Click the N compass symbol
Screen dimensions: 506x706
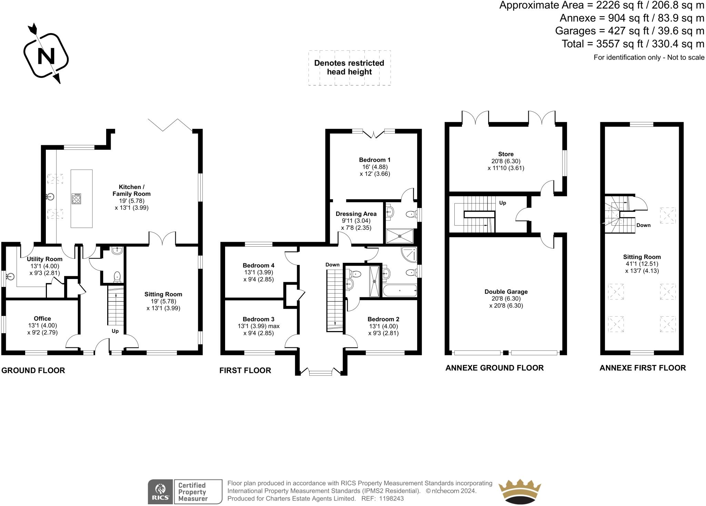tap(46, 55)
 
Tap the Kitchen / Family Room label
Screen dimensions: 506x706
tap(131, 190)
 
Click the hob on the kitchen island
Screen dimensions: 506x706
tap(77, 199)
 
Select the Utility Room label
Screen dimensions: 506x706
tap(44, 259)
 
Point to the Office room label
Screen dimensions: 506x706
tap(42, 319)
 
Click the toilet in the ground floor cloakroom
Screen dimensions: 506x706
tap(117, 276)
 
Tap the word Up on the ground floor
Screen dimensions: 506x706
tap(115, 331)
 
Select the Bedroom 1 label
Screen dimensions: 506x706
tap(375, 160)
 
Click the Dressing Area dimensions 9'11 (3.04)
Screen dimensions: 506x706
tap(356, 221)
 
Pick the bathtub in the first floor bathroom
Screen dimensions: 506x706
tap(400, 290)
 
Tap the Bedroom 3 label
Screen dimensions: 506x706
tap(259, 319)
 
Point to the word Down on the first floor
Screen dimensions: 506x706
tap(332, 265)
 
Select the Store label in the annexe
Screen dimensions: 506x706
tap(506, 154)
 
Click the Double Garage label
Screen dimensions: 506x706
tap(506, 292)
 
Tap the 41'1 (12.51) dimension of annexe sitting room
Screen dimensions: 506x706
tap(642, 264)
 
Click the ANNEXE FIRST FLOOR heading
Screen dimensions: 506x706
tap(643, 368)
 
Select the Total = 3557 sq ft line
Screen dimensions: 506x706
tap(633, 44)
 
